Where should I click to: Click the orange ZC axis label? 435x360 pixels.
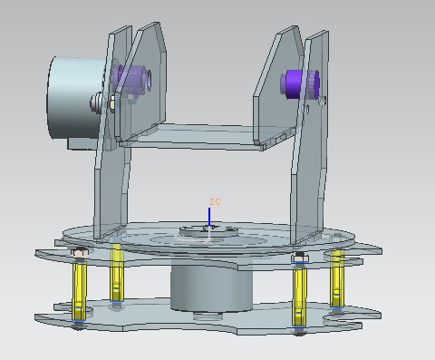tap(215, 202)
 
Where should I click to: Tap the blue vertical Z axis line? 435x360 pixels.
tap(209, 217)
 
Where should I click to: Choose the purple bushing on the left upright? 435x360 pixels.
tap(131, 79)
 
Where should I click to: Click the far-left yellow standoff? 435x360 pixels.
tap(79, 290)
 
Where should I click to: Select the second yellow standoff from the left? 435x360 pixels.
tap(117, 272)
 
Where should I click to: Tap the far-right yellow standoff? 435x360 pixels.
tap(337, 278)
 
